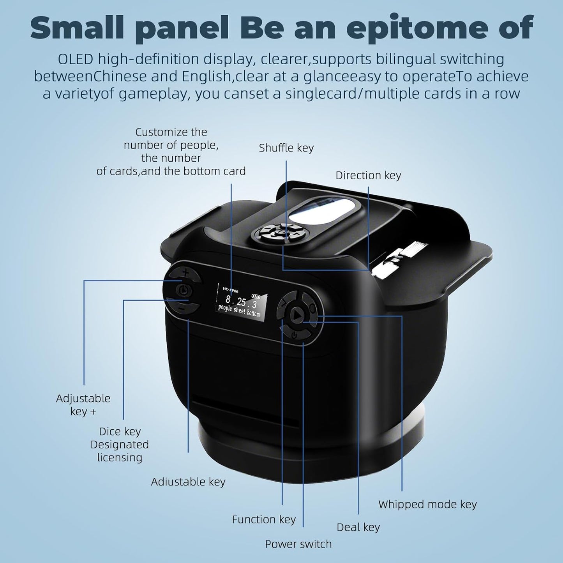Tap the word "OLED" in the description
coord(75,59)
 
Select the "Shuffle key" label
coord(286,148)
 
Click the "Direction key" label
coord(368,175)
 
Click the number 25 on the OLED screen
coord(241,302)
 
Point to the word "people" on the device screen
coord(225,308)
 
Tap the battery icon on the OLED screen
coord(256,295)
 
